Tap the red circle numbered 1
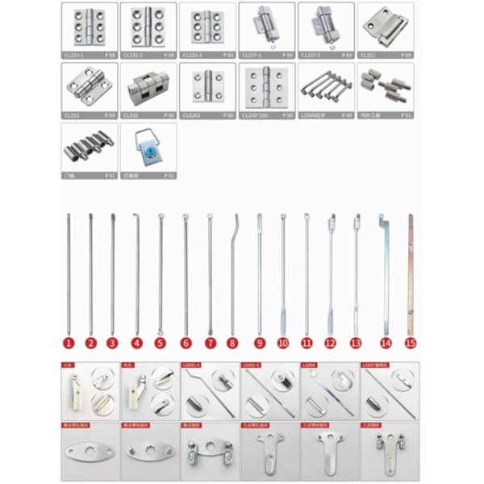(x=69, y=343)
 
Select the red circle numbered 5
(x=160, y=343)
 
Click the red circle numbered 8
(x=232, y=343)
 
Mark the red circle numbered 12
(x=330, y=343)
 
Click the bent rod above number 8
(x=234, y=266)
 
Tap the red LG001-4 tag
(x=194, y=365)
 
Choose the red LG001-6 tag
(x=252, y=365)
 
